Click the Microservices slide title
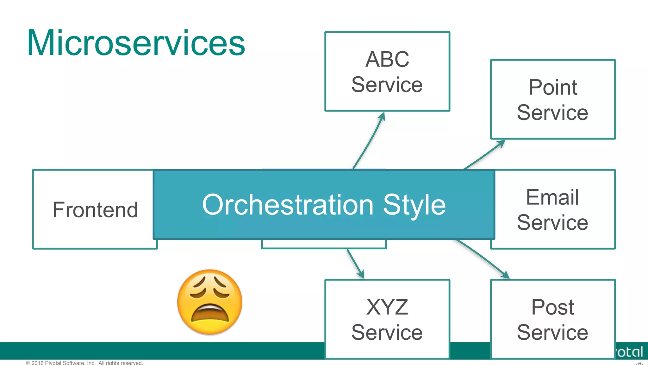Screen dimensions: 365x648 point(136,43)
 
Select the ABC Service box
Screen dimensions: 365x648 point(387,72)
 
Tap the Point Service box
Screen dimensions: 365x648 point(552,99)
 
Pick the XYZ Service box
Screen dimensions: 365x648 point(387,319)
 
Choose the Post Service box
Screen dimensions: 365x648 point(552,319)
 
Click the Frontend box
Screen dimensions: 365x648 point(95,210)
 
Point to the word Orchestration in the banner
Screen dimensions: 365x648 point(288,205)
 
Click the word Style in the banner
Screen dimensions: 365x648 point(414,205)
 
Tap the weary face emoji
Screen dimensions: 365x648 point(210,302)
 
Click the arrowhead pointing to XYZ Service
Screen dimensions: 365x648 point(361,274)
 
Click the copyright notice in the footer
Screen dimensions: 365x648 point(84,363)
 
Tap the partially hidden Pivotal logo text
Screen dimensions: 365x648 point(630,352)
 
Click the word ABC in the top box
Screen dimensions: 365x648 point(387,59)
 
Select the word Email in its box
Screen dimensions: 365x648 point(552,197)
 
